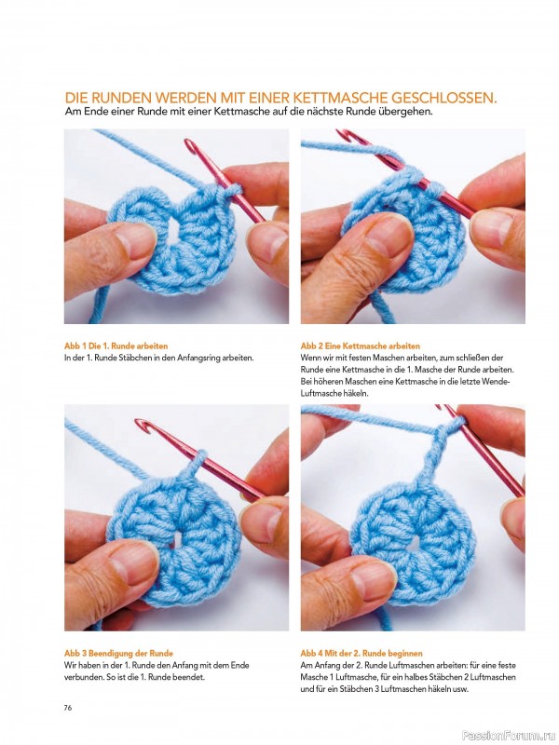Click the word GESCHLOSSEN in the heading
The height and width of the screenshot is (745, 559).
[x=444, y=99]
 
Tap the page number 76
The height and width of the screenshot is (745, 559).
[x=68, y=708]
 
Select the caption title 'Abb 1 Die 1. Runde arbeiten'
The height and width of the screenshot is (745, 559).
[x=116, y=345]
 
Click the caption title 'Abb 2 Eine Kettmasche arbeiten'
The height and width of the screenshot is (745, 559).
[x=361, y=345]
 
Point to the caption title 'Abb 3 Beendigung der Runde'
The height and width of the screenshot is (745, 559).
[x=118, y=654]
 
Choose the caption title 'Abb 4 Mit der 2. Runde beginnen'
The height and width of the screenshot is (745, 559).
[x=361, y=654]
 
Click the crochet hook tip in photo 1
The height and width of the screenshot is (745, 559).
[x=190, y=144]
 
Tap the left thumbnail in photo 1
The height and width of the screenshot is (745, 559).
[x=134, y=241]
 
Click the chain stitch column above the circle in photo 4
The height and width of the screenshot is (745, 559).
[x=431, y=452]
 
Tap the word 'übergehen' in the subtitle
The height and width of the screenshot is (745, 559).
[x=405, y=112]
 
